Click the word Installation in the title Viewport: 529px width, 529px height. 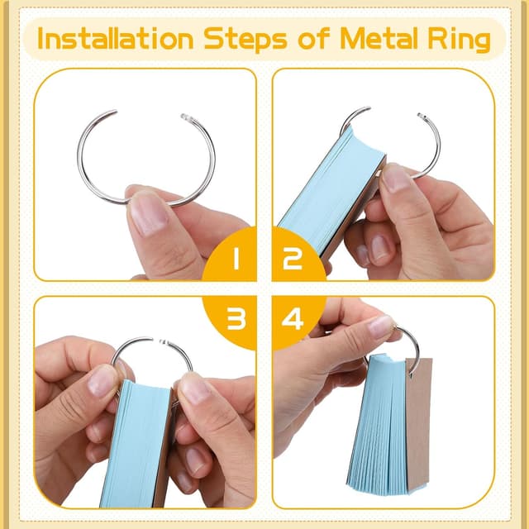tap(115, 39)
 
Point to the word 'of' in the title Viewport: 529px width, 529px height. tap(314, 38)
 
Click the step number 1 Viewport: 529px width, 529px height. tap(236, 258)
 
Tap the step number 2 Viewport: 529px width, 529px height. tap(292, 259)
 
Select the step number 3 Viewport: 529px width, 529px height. tap(236, 318)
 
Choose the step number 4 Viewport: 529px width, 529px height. tap(292, 318)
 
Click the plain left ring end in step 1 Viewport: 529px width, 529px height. tap(113, 112)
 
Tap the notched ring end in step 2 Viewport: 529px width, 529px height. tap(422, 116)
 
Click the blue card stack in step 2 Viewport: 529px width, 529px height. tap(331, 189)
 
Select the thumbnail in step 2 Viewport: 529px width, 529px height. tap(397, 178)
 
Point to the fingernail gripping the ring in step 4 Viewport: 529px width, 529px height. tap(380, 324)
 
